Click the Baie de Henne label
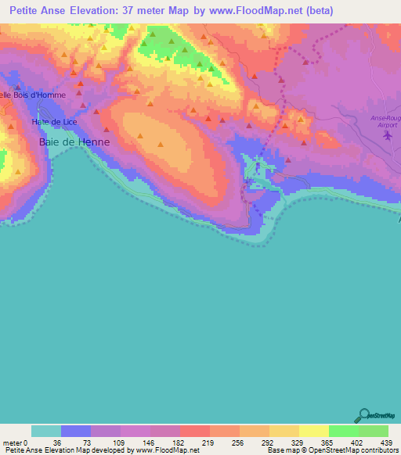tap(74, 142)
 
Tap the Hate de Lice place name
tap(54, 123)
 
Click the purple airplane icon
tap(387, 137)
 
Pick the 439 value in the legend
tap(386, 442)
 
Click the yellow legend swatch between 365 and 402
tap(313, 431)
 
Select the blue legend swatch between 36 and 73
tap(76, 431)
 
